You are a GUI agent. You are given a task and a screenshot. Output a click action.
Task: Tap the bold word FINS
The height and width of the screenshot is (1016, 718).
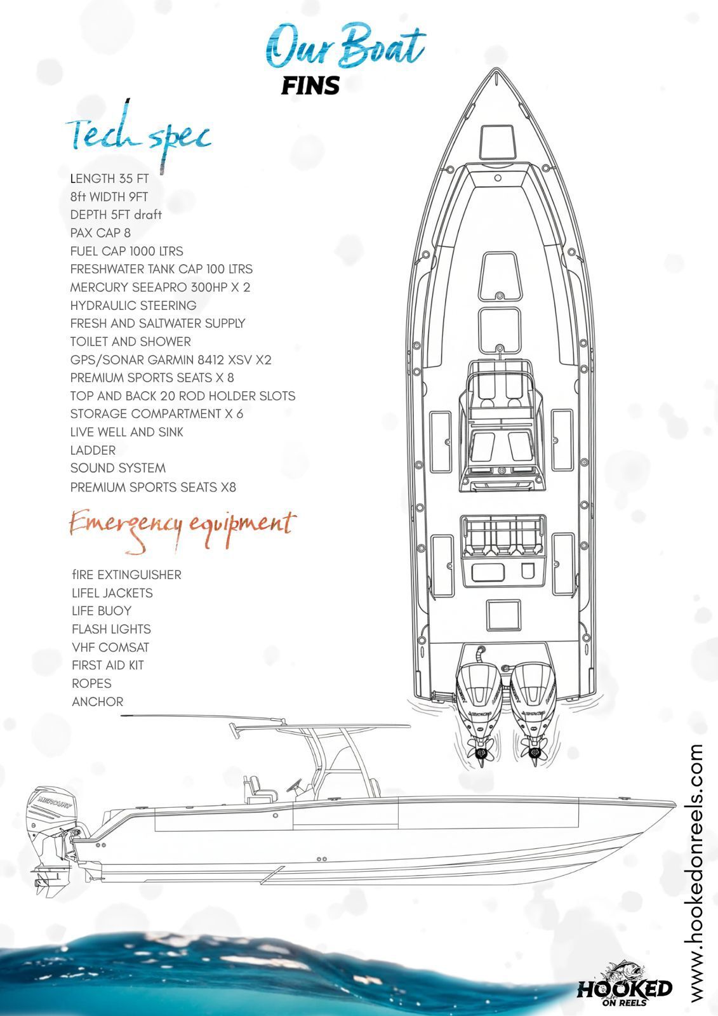(310, 85)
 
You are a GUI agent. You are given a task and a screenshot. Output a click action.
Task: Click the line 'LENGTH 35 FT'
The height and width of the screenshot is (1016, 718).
(109, 178)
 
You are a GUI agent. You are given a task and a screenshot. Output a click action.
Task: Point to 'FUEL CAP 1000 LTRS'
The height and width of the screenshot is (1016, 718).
(127, 251)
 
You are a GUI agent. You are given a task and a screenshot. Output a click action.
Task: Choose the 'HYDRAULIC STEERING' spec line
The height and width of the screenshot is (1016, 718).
(133, 305)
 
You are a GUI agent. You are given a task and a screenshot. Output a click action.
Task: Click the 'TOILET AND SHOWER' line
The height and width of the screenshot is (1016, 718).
(131, 342)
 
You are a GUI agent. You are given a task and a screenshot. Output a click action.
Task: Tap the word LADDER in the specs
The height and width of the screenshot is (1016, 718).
(93, 450)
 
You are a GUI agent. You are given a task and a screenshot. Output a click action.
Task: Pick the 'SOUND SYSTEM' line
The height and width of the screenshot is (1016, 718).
(118, 468)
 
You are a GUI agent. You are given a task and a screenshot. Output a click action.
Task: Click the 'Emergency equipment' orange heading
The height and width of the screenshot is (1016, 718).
(182, 525)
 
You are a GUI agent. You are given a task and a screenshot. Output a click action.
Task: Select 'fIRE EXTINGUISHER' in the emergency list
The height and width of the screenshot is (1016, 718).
(127, 575)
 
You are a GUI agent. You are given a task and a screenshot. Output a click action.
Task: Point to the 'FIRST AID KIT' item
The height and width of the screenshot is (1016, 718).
(108, 665)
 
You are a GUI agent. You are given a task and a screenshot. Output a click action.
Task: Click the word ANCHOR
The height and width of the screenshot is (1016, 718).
(98, 702)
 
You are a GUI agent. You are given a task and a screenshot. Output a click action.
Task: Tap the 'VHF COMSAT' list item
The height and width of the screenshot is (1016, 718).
(110, 648)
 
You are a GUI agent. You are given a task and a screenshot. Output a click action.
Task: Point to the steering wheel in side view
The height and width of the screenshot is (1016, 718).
(294, 785)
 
